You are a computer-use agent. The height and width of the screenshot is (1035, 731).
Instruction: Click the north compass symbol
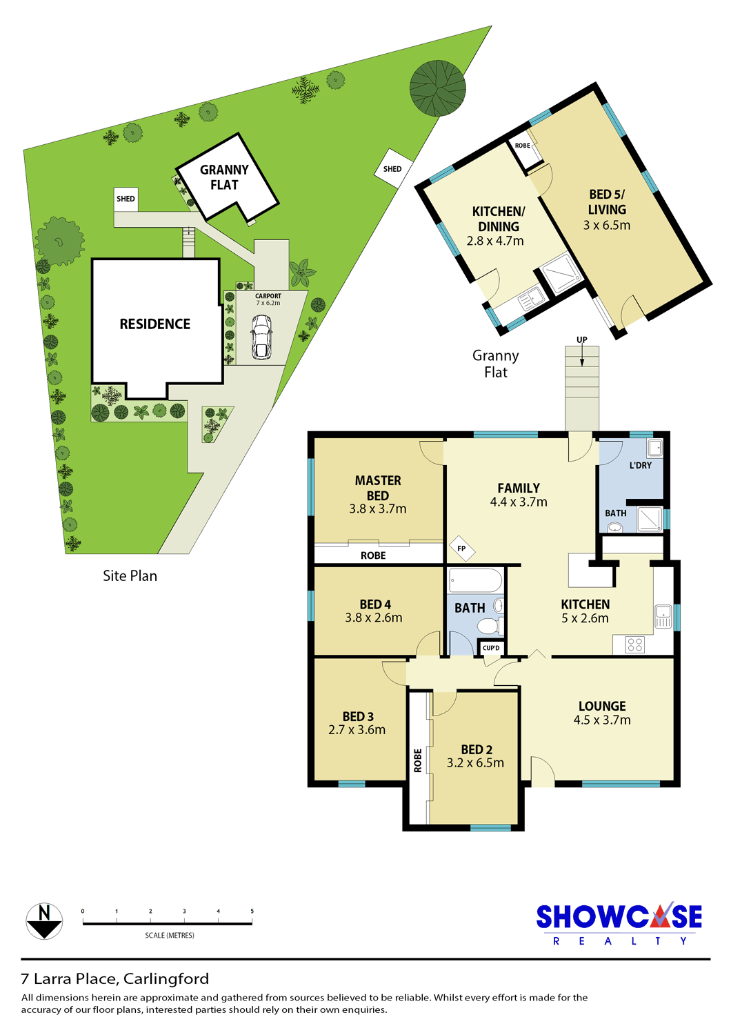pyautogui.click(x=44, y=921)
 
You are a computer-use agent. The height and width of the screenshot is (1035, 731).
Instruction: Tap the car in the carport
pyautogui.click(x=261, y=337)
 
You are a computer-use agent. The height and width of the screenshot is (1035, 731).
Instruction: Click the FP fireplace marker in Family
pyautogui.click(x=462, y=549)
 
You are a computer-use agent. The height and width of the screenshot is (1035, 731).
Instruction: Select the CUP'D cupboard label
pyautogui.click(x=491, y=648)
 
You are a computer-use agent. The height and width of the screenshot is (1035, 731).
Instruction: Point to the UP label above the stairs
pyautogui.click(x=582, y=339)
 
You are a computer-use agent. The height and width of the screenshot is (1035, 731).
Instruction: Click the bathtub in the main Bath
pyautogui.click(x=475, y=580)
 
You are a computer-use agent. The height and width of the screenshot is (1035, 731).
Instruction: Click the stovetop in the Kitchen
pyautogui.click(x=635, y=644)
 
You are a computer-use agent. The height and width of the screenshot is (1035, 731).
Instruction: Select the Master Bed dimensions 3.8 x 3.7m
pyautogui.click(x=378, y=509)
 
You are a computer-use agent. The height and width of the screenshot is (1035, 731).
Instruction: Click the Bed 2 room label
pyautogui.click(x=477, y=749)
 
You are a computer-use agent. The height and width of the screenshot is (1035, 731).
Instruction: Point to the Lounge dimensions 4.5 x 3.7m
pyautogui.click(x=602, y=720)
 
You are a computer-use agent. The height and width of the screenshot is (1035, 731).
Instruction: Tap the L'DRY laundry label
pyautogui.click(x=641, y=465)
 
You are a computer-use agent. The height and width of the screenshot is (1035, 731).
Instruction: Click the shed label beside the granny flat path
pyautogui.click(x=126, y=199)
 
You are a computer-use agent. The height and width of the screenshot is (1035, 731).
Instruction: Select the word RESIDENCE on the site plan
pyautogui.click(x=154, y=324)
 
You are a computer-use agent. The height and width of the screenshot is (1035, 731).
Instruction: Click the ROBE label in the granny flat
pyautogui.click(x=523, y=146)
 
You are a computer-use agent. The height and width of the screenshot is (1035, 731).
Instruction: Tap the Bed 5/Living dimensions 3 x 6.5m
pyautogui.click(x=607, y=225)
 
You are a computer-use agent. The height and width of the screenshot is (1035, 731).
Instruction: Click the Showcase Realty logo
pyautogui.click(x=619, y=924)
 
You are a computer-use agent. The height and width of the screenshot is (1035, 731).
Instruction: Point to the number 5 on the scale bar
pyautogui.click(x=252, y=911)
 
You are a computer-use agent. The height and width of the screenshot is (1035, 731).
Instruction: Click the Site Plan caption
pyautogui.click(x=130, y=575)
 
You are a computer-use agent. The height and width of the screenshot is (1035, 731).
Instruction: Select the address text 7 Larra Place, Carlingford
pyautogui.click(x=115, y=978)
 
